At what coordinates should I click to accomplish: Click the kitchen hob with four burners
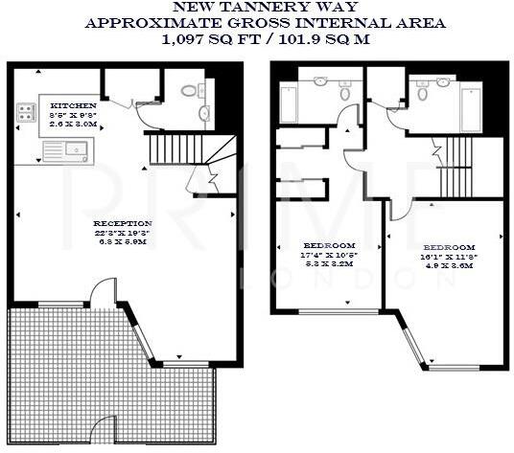click(24, 115)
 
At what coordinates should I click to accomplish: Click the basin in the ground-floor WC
click(203, 115)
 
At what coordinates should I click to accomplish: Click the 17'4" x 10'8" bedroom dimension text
click(322, 257)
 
